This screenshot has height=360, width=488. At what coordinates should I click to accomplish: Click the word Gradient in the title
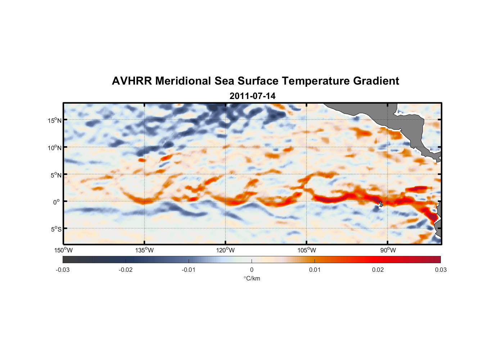pos(376,81)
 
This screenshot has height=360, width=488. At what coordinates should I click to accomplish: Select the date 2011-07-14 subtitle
pos(252,96)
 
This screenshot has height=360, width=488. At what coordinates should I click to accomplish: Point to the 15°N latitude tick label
pos(55,120)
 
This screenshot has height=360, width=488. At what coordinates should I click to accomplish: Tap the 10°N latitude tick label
pos(55,148)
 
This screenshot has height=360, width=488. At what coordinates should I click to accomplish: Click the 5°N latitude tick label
pos(56,175)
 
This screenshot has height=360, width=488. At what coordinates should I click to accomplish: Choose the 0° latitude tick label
pos(57,202)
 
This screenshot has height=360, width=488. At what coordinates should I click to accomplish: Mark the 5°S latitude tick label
pos(56,229)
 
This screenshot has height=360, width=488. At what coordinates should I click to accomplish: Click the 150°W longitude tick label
pos(63,250)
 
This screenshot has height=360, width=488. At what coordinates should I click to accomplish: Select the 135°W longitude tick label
pos(144,250)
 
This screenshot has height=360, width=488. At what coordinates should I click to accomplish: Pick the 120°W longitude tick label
pos(226,250)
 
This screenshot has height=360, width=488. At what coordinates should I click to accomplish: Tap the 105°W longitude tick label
pos(307,250)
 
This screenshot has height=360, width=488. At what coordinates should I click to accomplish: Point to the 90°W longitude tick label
pos(388,250)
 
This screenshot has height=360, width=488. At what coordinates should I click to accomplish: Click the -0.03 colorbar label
pos(63,270)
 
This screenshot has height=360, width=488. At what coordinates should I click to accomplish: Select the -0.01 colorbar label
pos(189,270)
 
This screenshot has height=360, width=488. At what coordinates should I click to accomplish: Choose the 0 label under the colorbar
pos(252,270)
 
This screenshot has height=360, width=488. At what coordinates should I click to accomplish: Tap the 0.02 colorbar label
pos(378,270)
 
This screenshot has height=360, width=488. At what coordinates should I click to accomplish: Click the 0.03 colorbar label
pos(440,270)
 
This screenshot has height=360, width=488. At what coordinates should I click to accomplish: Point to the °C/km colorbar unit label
pos(252,278)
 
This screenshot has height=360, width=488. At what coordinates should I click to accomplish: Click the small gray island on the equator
pos(381,204)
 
